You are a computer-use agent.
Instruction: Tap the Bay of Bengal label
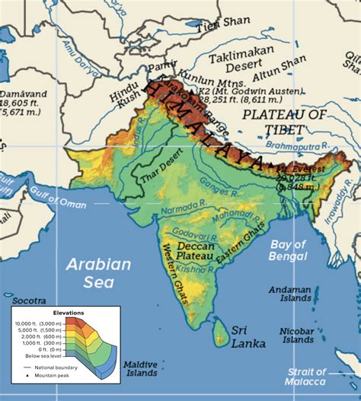287,250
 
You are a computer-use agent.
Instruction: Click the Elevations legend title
69,313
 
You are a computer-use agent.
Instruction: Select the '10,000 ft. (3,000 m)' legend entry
38,323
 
